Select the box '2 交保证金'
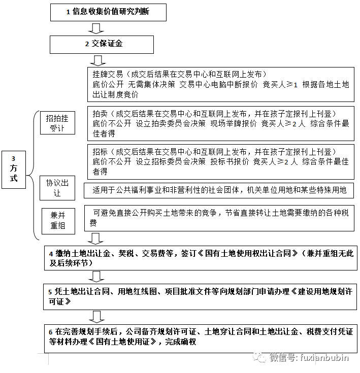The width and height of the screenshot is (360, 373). point(102,44)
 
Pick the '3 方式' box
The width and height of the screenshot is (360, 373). point(17,171)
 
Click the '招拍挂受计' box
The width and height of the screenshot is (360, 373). point(57,123)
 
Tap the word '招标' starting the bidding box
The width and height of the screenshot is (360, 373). point(100,152)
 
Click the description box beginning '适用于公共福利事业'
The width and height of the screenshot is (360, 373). point(219,190)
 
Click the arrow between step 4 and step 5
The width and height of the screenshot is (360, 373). point(95,276)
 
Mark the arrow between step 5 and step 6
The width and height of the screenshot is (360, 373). point(95,316)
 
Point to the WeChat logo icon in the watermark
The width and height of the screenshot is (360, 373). point(260,357)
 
